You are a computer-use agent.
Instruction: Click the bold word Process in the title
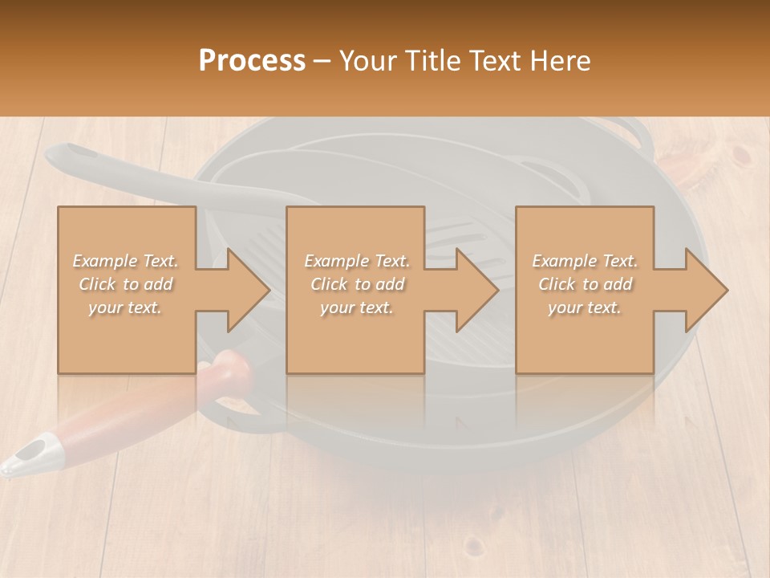[252, 61]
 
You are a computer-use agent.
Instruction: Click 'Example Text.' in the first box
[125, 261]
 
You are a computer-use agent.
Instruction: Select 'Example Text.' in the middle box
[356, 261]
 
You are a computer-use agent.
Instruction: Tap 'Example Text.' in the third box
[585, 261]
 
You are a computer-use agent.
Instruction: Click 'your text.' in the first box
[125, 307]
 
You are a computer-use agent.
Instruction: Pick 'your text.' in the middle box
[356, 307]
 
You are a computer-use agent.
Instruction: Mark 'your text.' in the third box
[585, 307]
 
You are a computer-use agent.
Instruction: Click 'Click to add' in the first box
[125, 284]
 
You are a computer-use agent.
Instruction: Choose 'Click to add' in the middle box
[356, 284]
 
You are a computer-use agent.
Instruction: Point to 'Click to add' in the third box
[585, 284]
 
